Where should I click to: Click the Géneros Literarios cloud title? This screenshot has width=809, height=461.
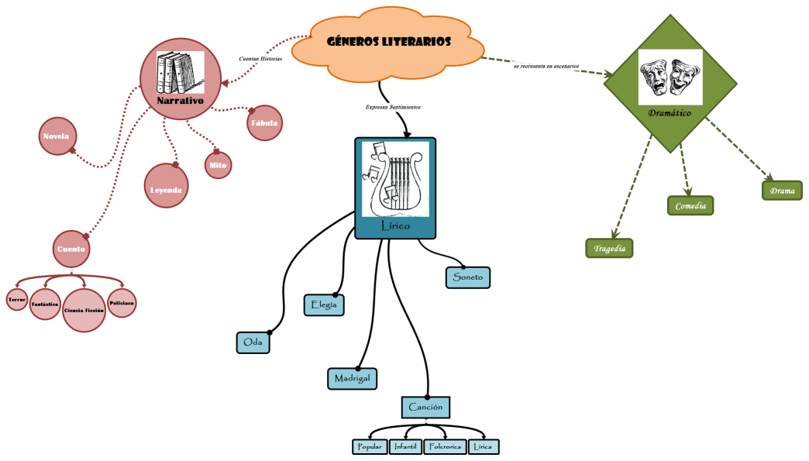click(388, 42)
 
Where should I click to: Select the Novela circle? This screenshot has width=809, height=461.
click(57, 136)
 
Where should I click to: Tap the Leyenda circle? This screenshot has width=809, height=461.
click(167, 186)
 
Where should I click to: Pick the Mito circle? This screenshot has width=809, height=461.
click(218, 163)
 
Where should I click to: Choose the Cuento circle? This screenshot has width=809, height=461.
click(71, 249)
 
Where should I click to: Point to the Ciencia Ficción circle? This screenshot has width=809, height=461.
click(84, 310)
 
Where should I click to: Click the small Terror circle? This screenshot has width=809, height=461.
click(17, 299)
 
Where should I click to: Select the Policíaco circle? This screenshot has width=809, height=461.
click(122, 303)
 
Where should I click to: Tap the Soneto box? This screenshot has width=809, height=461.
click(468, 277)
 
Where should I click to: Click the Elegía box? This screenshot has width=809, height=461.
click(324, 305)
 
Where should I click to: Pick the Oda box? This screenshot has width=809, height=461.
click(253, 342)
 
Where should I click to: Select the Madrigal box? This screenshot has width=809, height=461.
click(352, 378)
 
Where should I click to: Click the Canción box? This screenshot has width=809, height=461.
click(425, 407)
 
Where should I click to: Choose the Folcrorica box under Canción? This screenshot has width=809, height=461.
click(446, 447)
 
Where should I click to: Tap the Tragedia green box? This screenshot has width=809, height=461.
click(610, 249)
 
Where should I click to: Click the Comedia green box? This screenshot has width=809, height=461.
click(690, 206)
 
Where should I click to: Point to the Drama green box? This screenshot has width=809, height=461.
click(782, 191)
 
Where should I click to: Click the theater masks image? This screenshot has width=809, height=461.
click(670, 77)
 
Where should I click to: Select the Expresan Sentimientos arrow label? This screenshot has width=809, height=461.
click(393, 107)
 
